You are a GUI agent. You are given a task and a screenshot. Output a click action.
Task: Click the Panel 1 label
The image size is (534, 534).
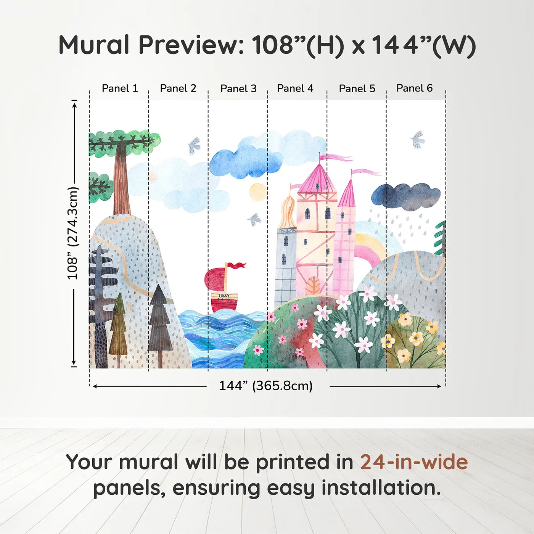[x=120, y=88]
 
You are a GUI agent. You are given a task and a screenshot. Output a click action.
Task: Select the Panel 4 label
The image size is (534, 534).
[x=295, y=88]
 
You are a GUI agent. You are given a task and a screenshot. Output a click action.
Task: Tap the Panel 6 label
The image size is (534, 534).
[x=414, y=88]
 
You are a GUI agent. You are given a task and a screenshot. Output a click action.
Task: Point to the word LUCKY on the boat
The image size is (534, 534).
[x=224, y=296]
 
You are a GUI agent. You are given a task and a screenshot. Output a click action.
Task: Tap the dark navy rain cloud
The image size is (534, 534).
[x=406, y=196]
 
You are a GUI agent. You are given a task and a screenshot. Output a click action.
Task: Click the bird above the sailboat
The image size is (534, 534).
[x=254, y=220]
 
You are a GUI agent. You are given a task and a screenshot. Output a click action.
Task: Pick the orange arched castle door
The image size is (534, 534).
[x=313, y=285]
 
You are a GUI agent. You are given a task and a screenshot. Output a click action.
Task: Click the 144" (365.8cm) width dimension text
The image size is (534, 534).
[x=266, y=386]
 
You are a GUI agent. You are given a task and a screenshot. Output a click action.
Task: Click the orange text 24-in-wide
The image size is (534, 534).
[x=414, y=462]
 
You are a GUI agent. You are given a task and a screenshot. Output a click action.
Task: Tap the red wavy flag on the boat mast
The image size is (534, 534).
[x=236, y=265]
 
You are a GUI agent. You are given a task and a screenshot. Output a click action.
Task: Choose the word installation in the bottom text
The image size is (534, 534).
[x=381, y=488]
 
